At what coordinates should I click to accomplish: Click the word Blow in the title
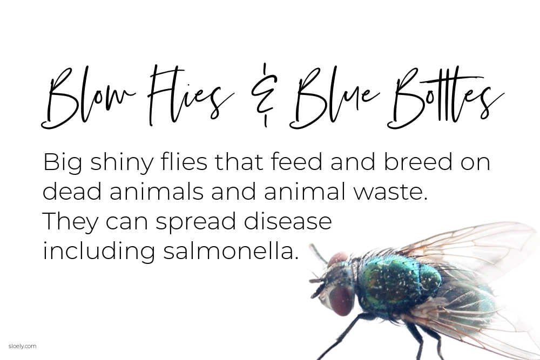88,98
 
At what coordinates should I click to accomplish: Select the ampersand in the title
264,94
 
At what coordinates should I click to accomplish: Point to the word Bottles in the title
445,97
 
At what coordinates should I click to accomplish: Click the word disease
288,221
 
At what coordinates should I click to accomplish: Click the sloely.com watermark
22,346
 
